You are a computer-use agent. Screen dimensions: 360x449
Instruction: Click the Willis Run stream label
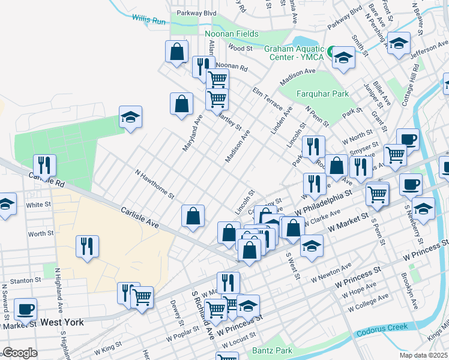coord(149,20)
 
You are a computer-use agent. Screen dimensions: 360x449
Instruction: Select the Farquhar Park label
coord(323,94)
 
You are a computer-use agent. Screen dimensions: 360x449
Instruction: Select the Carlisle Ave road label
coord(139,217)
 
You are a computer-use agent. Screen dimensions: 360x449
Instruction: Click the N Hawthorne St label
coord(154,184)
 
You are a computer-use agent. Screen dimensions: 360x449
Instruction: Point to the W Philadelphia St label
coord(324,204)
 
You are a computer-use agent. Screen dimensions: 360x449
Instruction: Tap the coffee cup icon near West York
coord(25,309)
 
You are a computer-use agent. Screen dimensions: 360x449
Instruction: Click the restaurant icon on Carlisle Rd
coord(45,164)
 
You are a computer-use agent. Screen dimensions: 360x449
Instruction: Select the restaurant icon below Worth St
coord(87,245)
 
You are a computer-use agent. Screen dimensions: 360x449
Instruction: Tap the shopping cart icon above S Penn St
coord(377,194)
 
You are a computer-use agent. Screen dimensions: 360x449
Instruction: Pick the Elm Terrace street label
coord(268,99)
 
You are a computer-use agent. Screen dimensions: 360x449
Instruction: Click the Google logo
coord(20,353)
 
